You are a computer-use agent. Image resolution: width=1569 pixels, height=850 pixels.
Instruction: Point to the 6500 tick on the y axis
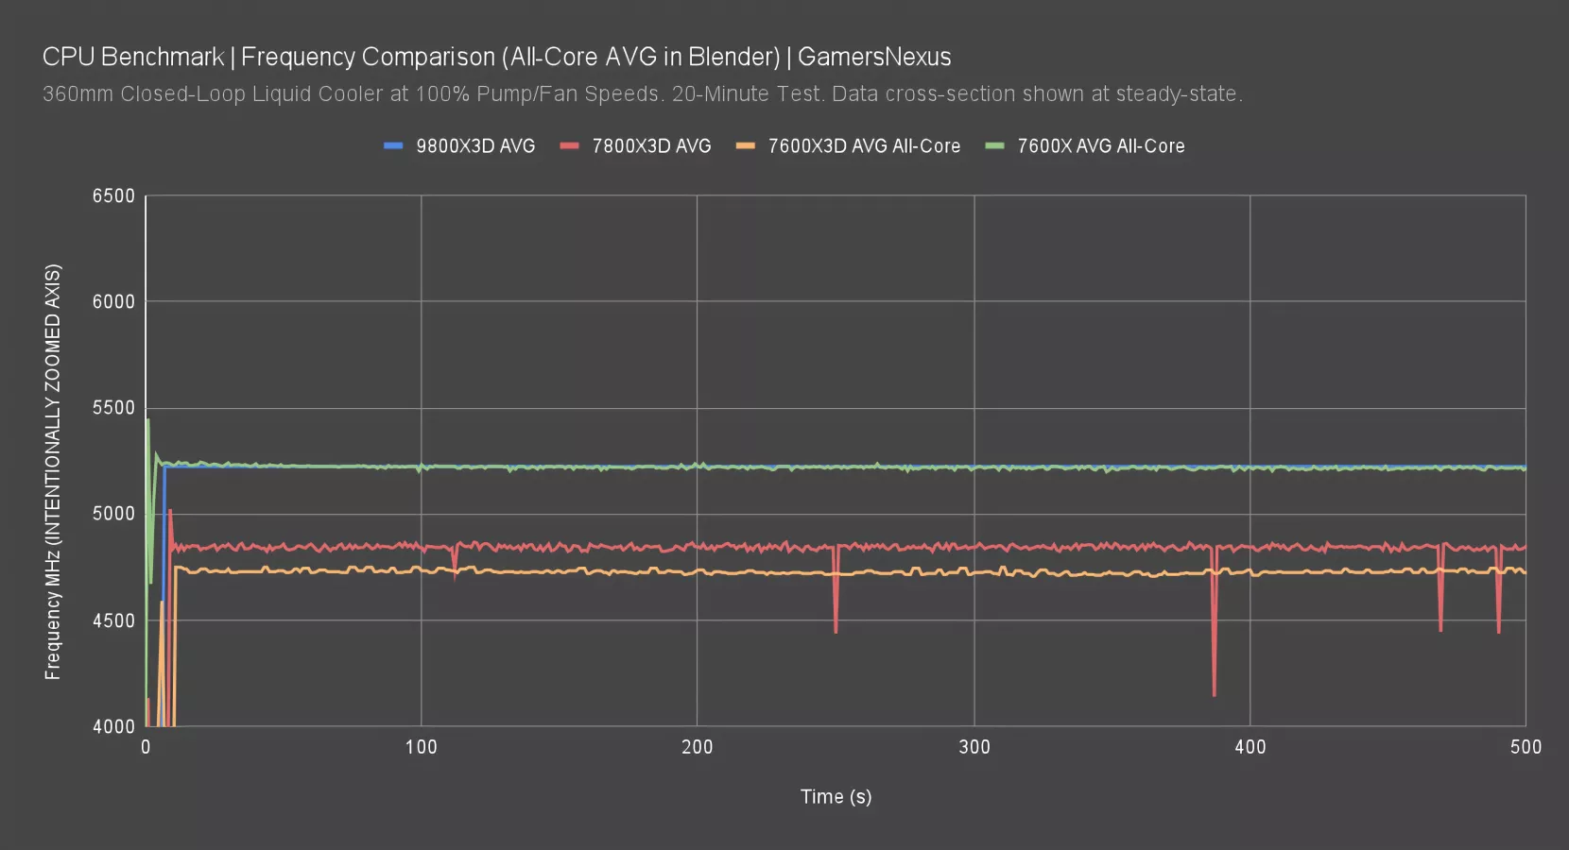tap(113, 196)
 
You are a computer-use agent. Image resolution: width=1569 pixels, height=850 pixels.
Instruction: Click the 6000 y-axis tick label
tap(113, 302)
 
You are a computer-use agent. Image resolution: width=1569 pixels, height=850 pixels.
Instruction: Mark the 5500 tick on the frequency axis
tap(113, 408)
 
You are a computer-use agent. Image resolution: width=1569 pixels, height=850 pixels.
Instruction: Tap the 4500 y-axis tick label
tap(113, 620)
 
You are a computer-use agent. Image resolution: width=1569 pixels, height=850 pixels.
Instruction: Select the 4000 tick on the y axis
tap(113, 726)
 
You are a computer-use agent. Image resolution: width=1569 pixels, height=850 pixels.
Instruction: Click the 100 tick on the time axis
tap(421, 748)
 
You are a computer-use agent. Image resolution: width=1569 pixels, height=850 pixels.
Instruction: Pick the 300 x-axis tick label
tap(974, 748)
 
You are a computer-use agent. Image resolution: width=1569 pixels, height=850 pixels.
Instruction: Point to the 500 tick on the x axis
tap(1526, 748)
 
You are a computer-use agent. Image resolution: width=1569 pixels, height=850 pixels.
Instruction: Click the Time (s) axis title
tap(836, 797)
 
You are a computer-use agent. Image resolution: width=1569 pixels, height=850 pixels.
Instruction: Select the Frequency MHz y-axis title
tap(53, 472)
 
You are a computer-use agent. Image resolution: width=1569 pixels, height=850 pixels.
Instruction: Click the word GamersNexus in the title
tap(874, 57)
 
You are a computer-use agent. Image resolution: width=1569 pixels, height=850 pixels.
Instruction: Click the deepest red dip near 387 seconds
tap(1215, 694)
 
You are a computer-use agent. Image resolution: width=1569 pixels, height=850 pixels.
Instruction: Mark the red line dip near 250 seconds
tap(836, 631)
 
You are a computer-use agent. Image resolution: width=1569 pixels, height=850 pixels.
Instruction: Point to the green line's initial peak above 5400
tap(148, 421)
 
